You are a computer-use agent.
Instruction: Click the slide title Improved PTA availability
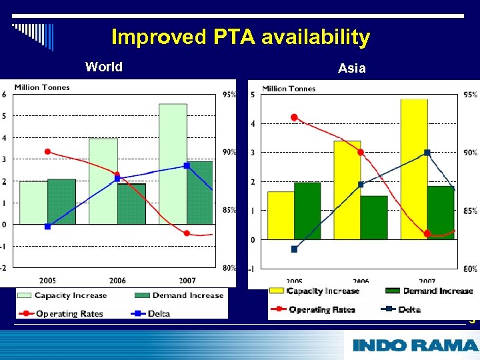coord(240,37)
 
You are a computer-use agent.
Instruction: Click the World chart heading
coord(104,67)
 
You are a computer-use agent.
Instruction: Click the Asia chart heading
coord(351,68)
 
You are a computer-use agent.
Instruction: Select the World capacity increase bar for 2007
coord(173,163)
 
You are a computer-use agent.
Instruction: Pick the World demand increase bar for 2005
coord(61,201)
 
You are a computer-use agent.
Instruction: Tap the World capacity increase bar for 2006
coord(103,181)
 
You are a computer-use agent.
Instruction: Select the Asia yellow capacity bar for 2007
coord(414,168)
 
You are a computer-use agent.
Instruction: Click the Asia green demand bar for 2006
coord(374,217)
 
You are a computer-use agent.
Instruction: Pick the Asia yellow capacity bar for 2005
coord(281,215)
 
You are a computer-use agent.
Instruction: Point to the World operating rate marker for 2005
coord(47,151)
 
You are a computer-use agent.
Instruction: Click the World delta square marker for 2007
coord(187,165)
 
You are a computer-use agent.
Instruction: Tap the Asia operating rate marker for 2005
coord(294,117)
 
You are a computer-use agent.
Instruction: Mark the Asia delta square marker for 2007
coord(427,153)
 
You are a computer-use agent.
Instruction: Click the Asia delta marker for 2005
coord(294,249)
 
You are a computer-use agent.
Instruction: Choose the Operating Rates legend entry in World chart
coord(61,313)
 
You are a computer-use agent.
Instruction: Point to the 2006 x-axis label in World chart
coord(117,281)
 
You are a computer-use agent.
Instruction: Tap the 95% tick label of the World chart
coord(229,95)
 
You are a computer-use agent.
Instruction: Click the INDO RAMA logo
coord(415,345)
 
